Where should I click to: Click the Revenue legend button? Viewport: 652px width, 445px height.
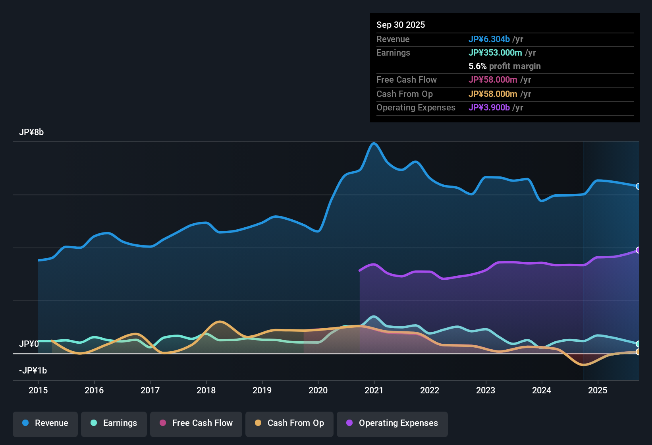pyautogui.click(x=45, y=423)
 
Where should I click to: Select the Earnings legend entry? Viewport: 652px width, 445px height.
pyautogui.click(x=114, y=423)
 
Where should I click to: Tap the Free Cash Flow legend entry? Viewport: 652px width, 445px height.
pyautogui.click(x=196, y=423)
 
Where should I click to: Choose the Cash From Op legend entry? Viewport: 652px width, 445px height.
pyautogui.click(x=289, y=423)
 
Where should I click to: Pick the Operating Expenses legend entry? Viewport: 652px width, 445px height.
pyautogui.click(x=392, y=423)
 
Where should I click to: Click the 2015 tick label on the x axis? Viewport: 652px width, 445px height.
pyautogui.click(x=38, y=390)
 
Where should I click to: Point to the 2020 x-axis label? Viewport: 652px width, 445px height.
pyautogui.click(x=318, y=390)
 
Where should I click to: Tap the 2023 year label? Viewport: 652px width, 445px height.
pyautogui.click(x=486, y=390)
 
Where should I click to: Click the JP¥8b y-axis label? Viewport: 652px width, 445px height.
pyautogui.click(x=31, y=132)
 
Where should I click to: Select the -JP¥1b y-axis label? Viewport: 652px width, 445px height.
pyautogui.click(x=33, y=371)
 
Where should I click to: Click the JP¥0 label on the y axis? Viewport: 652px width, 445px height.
pyautogui.click(x=29, y=344)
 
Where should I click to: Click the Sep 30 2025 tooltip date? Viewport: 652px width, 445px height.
pyautogui.click(x=401, y=25)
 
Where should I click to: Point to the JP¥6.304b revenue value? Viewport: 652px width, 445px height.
pyautogui.click(x=489, y=39)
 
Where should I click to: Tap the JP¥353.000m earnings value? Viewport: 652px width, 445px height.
pyautogui.click(x=495, y=52)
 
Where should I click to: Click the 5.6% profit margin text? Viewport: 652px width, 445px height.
pyautogui.click(x=504, y=66)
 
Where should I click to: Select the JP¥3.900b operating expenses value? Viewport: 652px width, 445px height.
pyautogui.click(x=489, y=107)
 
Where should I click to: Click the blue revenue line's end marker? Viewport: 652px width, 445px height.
pyautogui.click(x=638, y=186)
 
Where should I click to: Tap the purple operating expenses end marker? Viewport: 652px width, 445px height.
pyautogui.click(x=638, y=250)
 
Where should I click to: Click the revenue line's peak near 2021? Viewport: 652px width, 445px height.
pyautogui.click(x=374, y=143)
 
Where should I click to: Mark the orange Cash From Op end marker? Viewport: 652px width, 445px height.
pyautogui.click(x=638, y=352)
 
